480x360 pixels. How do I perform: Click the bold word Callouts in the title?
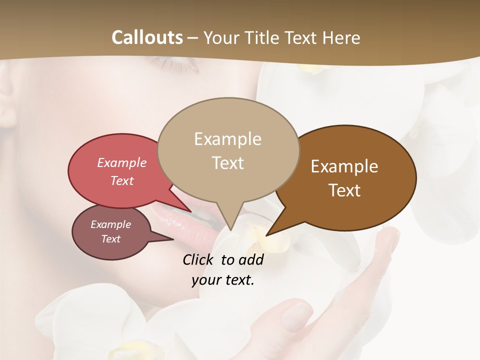(147, 37)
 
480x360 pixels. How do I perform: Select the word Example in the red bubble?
(122, 162)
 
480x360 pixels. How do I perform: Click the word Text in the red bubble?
(122, 180)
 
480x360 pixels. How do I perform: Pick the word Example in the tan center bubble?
(227, 139)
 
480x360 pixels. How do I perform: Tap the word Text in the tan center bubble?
(227, 163)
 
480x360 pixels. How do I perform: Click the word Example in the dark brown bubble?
(344, 166)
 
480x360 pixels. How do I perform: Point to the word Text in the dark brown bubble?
(344, 190)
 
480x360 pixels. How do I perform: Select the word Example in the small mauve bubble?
(110, 224)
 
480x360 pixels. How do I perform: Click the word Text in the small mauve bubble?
(110, 239)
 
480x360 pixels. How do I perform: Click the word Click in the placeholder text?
(199, 259)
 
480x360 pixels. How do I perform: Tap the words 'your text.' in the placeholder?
(223, 280)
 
